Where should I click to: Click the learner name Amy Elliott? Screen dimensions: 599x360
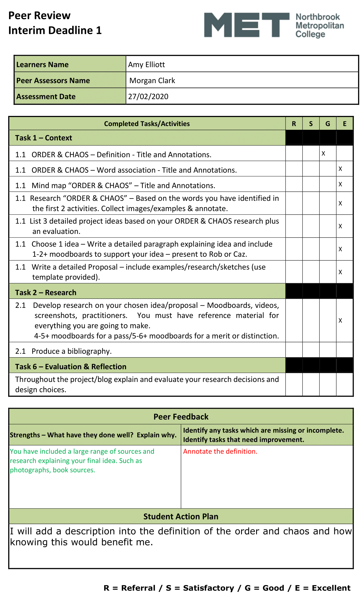(147, 65)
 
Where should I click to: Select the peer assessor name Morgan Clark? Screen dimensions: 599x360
(152, 81)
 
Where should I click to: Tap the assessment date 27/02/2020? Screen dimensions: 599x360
(148, 97)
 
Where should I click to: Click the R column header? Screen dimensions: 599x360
(294, 124)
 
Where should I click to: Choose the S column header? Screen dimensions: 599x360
(311, 124)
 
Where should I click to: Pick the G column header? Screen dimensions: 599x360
(328, 124)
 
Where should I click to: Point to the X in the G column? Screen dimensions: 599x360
(323, 154)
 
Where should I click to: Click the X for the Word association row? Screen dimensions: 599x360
(340, 169)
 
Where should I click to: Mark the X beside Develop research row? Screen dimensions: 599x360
(340, 320)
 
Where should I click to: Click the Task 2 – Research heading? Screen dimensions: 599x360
(46, 293)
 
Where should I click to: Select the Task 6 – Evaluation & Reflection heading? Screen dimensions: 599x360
(71, 367)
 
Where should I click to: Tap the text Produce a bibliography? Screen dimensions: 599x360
(72, 351)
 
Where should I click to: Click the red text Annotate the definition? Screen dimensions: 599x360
(220, 451)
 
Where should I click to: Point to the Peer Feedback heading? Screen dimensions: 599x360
(181, 417)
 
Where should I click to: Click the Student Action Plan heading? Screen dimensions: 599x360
(181, 516)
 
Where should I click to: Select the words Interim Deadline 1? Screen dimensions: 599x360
(55, 30)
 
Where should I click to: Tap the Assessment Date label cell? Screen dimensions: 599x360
(46, 97)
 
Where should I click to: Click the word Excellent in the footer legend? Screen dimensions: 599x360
(331, 588)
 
